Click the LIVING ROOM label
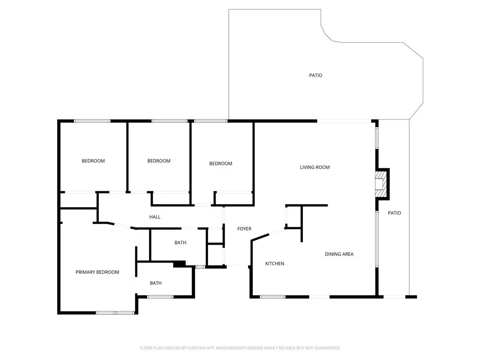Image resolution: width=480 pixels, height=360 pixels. click(315, 167)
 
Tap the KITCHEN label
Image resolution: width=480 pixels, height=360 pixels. click(275, 264)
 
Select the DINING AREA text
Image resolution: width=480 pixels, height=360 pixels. click(339, 254)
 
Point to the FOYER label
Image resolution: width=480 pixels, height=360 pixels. click(244, 229)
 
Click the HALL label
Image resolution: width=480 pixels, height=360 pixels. click(155, 217)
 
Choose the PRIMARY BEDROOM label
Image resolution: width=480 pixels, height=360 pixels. click(97, 272)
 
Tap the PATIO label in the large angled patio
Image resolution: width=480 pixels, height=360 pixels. click(315, 75)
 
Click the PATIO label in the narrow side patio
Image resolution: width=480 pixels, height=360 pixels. click(394, 213)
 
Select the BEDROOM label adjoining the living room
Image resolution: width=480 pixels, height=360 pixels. click(220, 164)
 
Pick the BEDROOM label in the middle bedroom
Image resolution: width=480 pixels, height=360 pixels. click(159, 161)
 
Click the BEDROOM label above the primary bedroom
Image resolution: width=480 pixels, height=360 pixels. click(93, 161)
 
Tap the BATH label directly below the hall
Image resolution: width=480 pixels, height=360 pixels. click(180, 243)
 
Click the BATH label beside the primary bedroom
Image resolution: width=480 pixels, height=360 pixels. click(156, 283)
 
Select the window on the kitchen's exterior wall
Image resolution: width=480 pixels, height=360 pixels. click(272, 297)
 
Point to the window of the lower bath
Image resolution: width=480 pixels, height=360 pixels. click(160, 297)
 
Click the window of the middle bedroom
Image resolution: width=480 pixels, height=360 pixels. click(170, 121)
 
